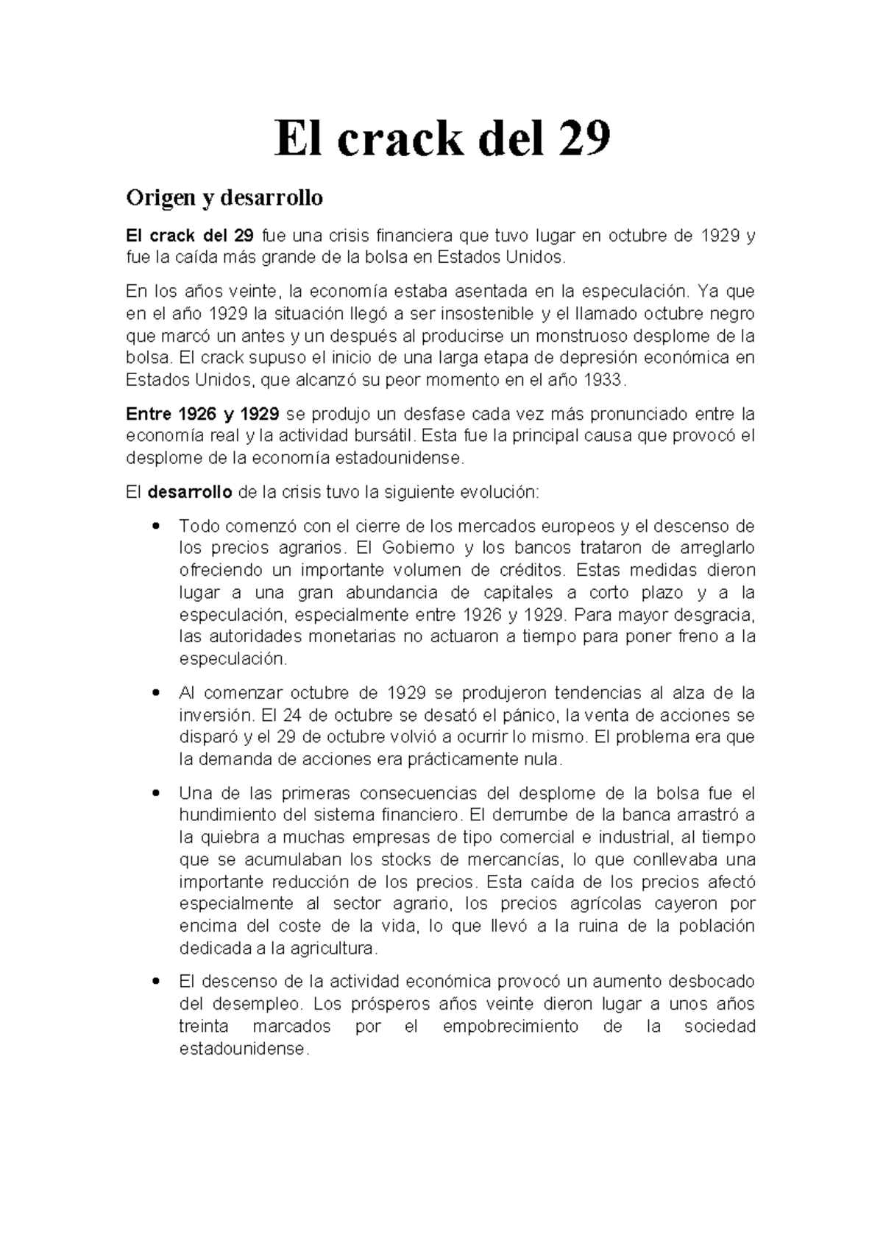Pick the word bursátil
[383, 435]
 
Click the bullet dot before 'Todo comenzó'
[155, 527]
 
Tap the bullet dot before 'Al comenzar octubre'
[155, 693]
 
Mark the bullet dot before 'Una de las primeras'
[155, 793]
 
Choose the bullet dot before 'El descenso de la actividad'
[155, 982]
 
